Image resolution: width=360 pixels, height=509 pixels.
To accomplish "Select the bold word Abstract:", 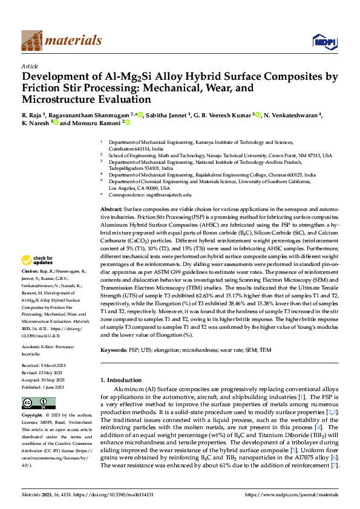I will point(112,208).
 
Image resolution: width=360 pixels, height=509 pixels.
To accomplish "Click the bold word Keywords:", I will point(114,349).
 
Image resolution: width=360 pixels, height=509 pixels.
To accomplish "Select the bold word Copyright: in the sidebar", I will point(33,416).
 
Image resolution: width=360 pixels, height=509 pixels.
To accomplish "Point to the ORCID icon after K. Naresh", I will point(56,123).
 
